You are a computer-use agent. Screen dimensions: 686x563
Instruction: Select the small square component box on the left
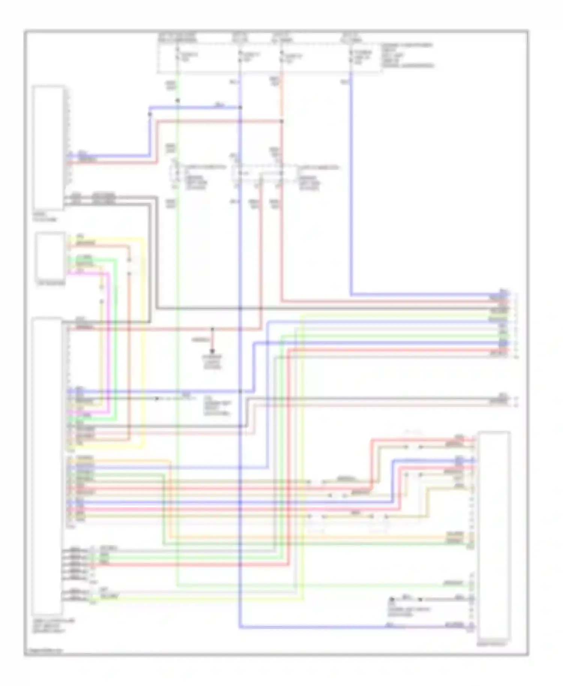tap(50, 256)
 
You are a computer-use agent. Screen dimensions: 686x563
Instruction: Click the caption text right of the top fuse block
tap(407, 56)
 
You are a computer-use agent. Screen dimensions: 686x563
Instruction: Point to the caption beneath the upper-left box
tap(44, 217)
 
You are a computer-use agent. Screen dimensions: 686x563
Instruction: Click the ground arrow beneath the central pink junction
tap(212, 351)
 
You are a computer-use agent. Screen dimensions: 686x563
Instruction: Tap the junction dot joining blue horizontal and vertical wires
tap(241, 108)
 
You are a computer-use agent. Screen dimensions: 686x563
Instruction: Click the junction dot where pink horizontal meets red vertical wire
tap(282, 121)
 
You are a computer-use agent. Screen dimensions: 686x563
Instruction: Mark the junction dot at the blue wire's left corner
tap(150, 114)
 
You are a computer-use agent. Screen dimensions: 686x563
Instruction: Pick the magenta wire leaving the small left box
tap(109, 338)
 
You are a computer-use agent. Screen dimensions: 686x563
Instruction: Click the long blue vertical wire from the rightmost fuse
tap(351, 188)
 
